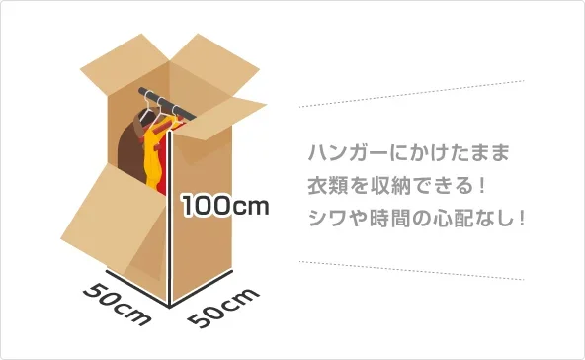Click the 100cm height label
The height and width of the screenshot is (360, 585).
[224, 206]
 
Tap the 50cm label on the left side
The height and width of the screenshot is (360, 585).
[116, 305]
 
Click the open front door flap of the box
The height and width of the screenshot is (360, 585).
[117, 223]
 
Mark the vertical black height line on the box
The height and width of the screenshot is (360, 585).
[173, 223]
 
